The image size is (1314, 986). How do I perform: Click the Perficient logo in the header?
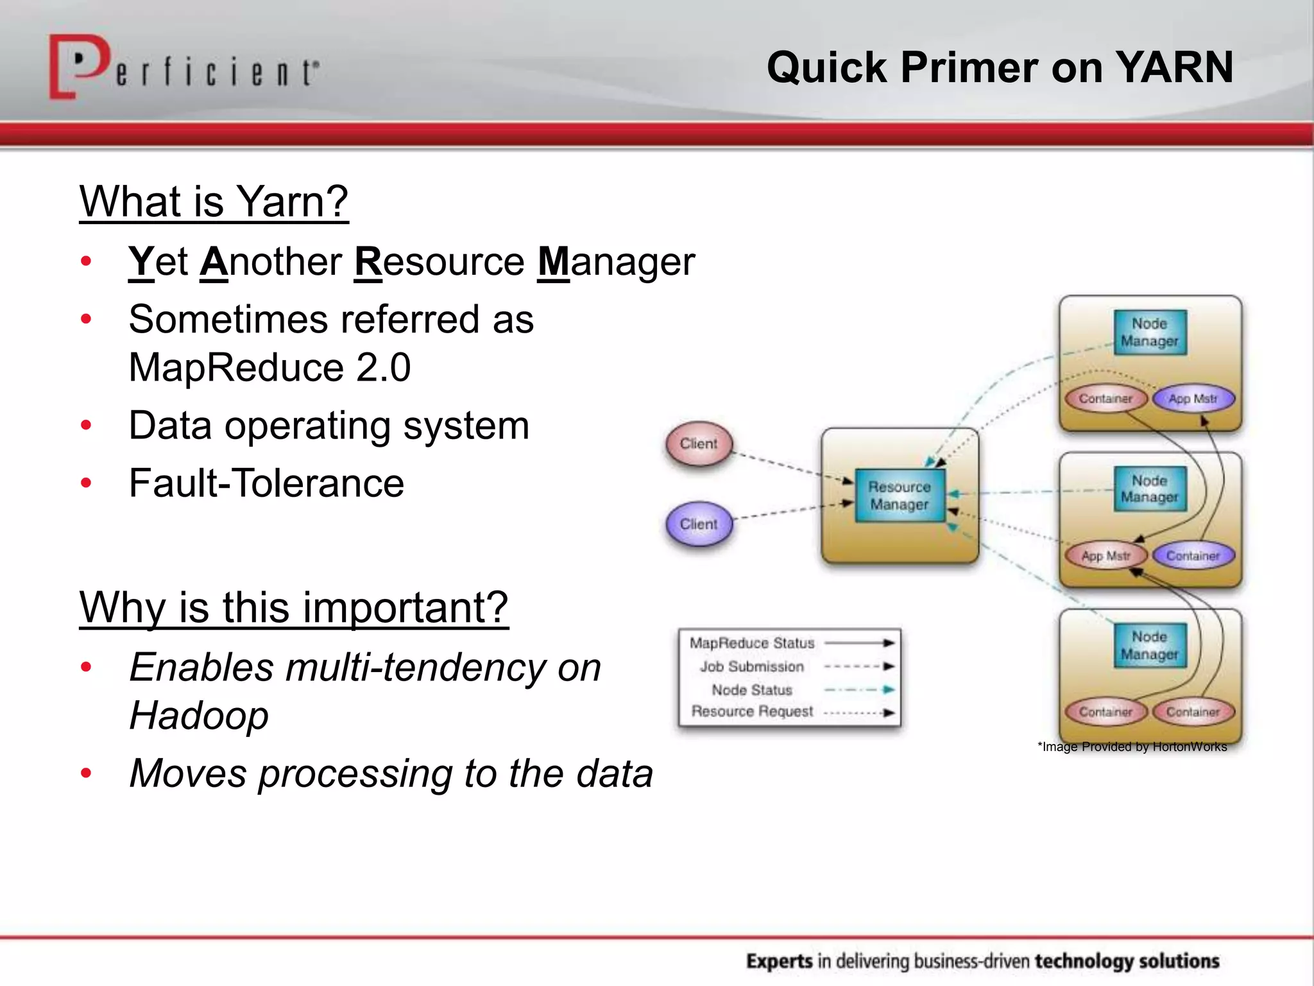click(183, 68)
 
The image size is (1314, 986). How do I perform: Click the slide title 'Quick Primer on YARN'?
click(1000, 67)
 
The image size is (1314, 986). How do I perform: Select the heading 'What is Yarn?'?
click(214, 202)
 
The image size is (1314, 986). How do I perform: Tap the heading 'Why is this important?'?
click(294, 607)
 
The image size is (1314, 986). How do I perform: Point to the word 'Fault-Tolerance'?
click(266, 483)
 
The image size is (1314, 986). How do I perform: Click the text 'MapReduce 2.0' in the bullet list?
click(269, 368)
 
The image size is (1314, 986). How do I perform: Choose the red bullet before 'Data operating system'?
click(86, 426)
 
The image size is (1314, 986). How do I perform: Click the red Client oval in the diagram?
click(699, 444)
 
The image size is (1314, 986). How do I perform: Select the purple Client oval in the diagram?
click(699, 524)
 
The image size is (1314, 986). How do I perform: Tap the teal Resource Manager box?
click(900, 496)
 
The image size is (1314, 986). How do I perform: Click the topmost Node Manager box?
click(1150, 333)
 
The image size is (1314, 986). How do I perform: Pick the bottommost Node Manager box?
click(1150, 646)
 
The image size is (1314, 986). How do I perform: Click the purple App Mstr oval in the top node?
click(1193, 399)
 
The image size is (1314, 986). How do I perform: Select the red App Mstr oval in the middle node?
click(1105, 556)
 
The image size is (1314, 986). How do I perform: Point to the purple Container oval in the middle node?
click(1193, 556)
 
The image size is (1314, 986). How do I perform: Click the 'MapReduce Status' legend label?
click(752, 643)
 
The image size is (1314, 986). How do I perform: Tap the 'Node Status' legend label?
click(752, 690)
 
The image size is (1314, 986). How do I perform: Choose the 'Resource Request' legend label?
click(752, 712)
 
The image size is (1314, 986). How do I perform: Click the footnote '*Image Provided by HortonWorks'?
click(1132, 747)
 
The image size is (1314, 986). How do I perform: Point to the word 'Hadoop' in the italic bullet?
click(199, 716)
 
